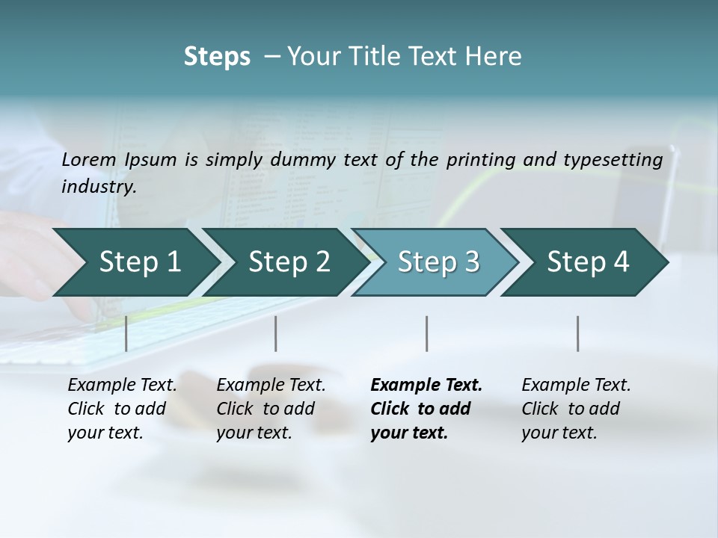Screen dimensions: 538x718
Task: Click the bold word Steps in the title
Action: (217, 57)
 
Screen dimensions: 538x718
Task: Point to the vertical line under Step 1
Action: (126, 333)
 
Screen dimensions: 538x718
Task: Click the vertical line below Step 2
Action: (276, 333)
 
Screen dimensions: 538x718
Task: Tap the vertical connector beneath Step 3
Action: (426, 333)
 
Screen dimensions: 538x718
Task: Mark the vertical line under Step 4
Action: (577, 333)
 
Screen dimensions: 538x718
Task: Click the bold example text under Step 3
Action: (426, 409)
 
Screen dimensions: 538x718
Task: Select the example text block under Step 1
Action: (122, 409)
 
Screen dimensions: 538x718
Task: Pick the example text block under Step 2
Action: (271, 409)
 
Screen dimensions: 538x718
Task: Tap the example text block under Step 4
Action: (576, 409)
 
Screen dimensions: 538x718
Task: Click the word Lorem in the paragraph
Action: (89, 160)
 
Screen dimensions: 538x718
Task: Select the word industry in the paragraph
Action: (98, 187)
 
